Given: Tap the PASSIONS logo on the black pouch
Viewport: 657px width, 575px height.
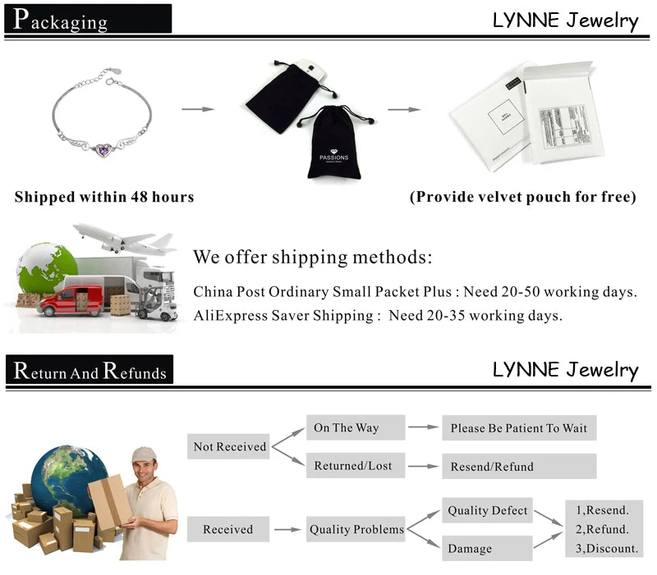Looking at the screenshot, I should tap(333, 157).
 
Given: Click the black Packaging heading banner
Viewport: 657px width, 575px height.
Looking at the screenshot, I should tap(88, 19).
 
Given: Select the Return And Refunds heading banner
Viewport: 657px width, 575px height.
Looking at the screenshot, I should tap(90, 371).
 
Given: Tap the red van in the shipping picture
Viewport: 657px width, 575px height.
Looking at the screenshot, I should tap(71, 300).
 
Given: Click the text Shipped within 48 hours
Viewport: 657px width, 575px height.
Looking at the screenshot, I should tap(104, 197).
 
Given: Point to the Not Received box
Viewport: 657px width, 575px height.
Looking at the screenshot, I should tap(229, 446).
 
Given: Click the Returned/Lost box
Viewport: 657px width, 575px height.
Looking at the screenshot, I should tap(354, 465).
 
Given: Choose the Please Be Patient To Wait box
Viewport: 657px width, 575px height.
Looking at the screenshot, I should tap(519, 428).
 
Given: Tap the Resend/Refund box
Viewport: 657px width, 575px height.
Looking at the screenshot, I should tap(519, 466).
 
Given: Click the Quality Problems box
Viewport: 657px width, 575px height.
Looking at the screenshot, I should tap(356, 530).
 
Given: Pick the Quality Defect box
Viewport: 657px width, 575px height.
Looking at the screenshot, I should tap(487, 510).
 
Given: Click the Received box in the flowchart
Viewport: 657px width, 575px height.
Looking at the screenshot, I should tap(228, 530).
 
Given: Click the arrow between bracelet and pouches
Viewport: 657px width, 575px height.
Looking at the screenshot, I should tap(197, 109).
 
